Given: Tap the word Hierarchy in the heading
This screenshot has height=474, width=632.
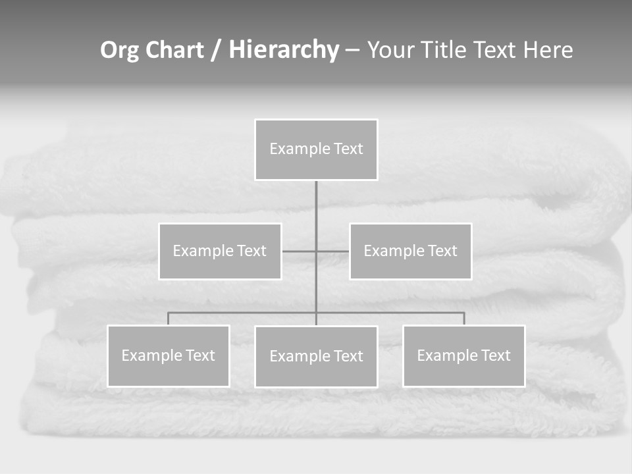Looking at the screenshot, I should click(x=284, y=51).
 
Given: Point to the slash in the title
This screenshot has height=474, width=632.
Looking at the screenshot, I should click(x=216, y=51).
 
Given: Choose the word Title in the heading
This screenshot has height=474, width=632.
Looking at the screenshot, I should click(x=444, y=51).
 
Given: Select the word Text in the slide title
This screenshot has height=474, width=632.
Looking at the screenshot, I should click(x=494, y=51).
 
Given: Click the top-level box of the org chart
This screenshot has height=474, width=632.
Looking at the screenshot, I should click(x=316, y=149).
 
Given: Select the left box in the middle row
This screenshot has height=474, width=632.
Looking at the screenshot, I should click(x=220, y=251).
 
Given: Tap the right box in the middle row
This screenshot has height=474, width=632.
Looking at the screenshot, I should click(x=411, y=251).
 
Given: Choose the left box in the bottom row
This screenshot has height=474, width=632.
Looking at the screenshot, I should click(x=169, y=355).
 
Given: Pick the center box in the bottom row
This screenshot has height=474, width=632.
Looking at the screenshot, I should click(x=316, y=356).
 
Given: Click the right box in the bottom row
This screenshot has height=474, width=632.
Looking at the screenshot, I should click(x=464, y=355).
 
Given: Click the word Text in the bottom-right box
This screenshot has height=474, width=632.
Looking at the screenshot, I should click(x=495, y=355).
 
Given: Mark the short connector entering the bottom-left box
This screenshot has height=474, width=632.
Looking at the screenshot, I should click(x=169, y=319).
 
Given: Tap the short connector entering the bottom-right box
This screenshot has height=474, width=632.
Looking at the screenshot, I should click(x=464, y=319).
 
